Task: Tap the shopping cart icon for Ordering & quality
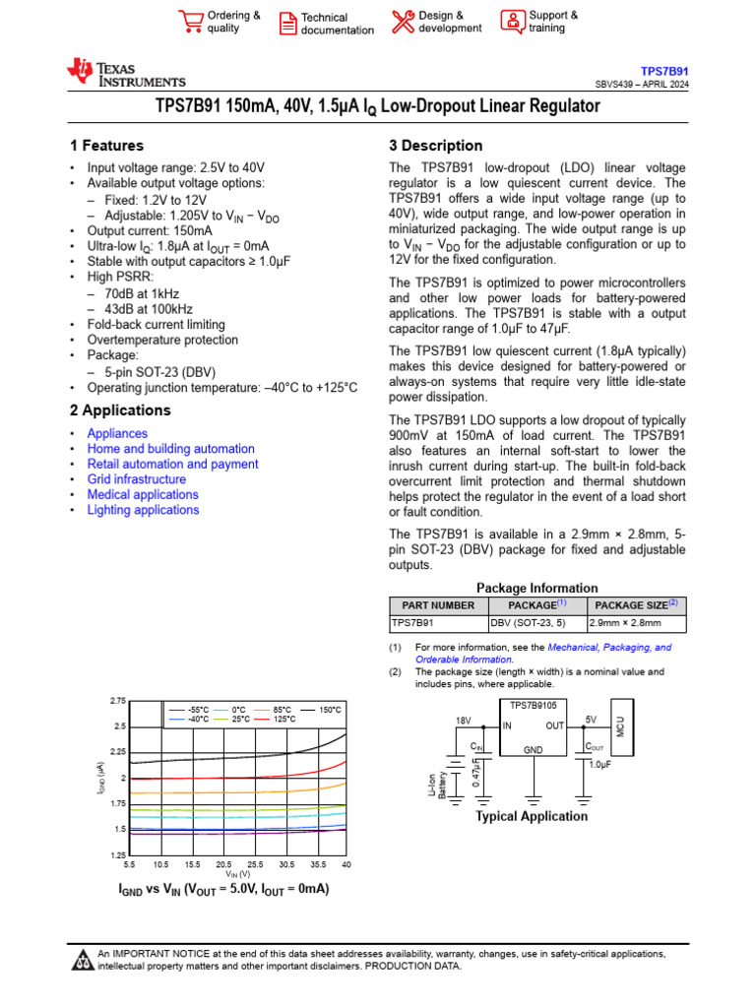(x=190, y=22)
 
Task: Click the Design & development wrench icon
(x=403, y=22)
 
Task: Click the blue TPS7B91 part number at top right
(x=665, y=72)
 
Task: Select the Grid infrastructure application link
(x=136, y=479)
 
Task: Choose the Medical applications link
(x=143, y=494)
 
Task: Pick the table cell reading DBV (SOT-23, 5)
(x=528, y=623)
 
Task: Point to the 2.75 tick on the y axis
(x=118, y=701)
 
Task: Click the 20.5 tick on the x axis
(x=223, y=864)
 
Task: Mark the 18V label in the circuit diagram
(x=464, y=722)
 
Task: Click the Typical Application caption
(x=532, y=816)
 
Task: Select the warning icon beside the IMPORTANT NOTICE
(x=83, y=959)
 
